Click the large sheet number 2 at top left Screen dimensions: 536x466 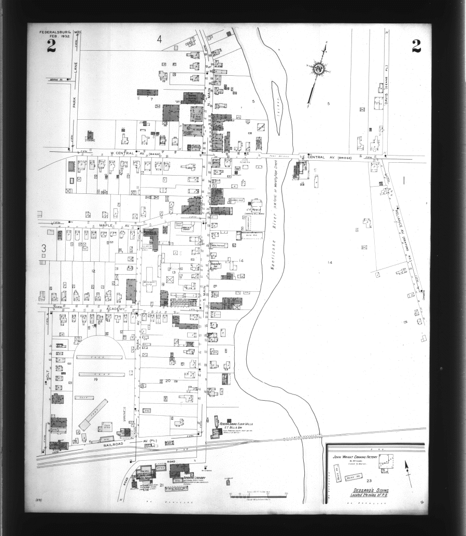point(51,47)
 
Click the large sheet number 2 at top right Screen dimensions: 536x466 point(416,47)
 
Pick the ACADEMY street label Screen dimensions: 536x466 point(116,308)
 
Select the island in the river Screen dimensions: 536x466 point(277,108)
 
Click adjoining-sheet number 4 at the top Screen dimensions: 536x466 point(160,39)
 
